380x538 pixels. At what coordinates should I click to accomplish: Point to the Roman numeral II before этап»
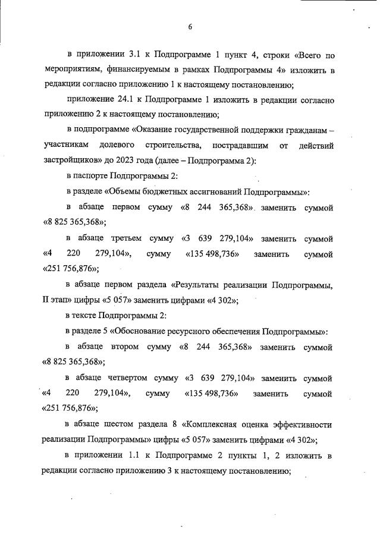(x=48, y=300)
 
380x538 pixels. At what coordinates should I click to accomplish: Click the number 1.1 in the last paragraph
(x=140, y=456)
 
